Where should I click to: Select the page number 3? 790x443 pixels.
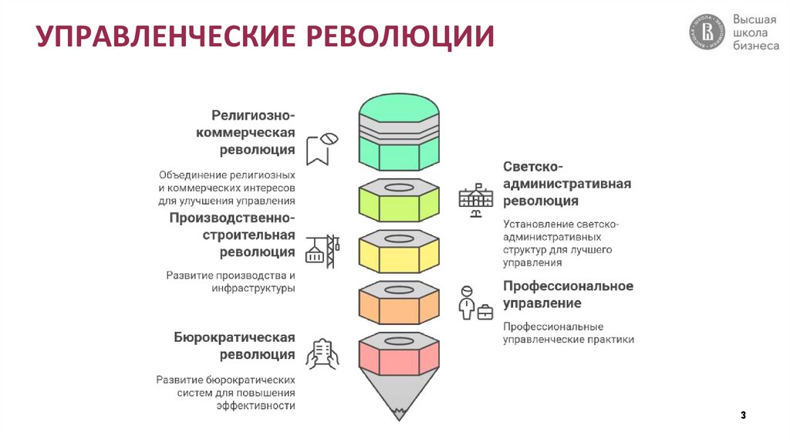point(743,416)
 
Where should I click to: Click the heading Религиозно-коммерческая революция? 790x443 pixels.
point(254,132)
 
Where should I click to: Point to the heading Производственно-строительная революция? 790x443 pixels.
point(232,235)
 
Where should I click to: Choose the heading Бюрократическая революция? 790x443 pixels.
point(235,346)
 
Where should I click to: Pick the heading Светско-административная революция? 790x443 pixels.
point(567,184)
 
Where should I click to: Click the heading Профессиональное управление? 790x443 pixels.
point(568,294)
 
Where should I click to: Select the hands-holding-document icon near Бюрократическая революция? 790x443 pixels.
point(322,354)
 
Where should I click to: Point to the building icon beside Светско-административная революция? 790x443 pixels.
point(474,200)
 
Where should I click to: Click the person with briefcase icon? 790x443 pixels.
point(474,303)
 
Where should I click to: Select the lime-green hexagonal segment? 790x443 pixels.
point(399,204)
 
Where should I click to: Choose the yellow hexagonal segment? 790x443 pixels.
point(399,254)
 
